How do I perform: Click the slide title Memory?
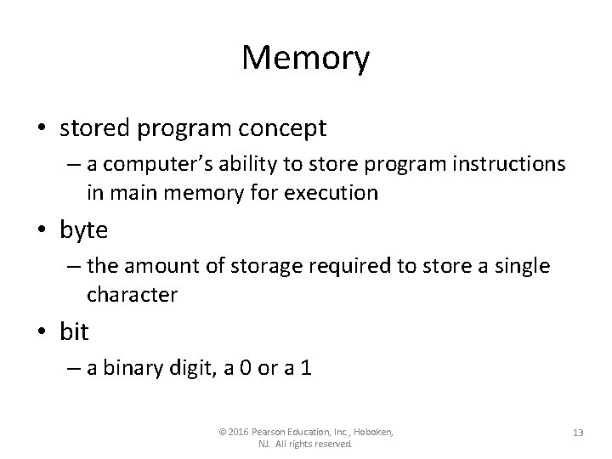click(306, 59)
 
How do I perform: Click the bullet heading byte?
click(82, 229)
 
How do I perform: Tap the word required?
click(351, 267)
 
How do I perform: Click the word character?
click(131, 294)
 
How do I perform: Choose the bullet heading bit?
click(74, 331)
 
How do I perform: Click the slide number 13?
click(577, 433)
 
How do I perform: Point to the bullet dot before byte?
click(42, 230)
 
